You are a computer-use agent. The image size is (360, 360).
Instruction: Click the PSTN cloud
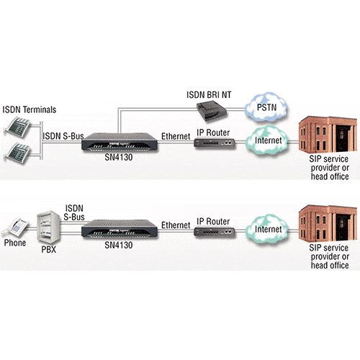266,107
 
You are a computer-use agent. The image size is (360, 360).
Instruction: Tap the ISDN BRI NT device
212,110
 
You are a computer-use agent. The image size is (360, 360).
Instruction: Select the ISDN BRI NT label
209,95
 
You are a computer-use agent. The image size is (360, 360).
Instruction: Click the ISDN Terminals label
30,109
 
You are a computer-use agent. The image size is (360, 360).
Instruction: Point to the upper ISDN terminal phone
17,127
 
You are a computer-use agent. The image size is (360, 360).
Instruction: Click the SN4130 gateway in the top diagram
120,142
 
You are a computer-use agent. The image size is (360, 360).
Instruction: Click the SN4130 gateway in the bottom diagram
120,229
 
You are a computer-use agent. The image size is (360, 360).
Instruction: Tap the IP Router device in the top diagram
215,143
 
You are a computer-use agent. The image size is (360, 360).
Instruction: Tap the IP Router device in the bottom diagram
215,231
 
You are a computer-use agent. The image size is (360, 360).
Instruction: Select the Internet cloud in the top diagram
267,140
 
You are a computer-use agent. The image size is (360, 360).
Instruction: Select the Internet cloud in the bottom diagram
267,229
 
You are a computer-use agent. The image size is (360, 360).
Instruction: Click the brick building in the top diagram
328,134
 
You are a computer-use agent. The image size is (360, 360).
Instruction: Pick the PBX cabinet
48,227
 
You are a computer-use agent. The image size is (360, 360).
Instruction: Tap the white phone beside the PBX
15,227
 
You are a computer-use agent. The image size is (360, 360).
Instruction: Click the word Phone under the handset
15,243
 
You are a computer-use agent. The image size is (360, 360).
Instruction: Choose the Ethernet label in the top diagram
176,136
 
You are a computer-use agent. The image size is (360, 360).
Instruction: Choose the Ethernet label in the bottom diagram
176,225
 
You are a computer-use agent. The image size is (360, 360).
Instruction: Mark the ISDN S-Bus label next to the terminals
63,136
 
